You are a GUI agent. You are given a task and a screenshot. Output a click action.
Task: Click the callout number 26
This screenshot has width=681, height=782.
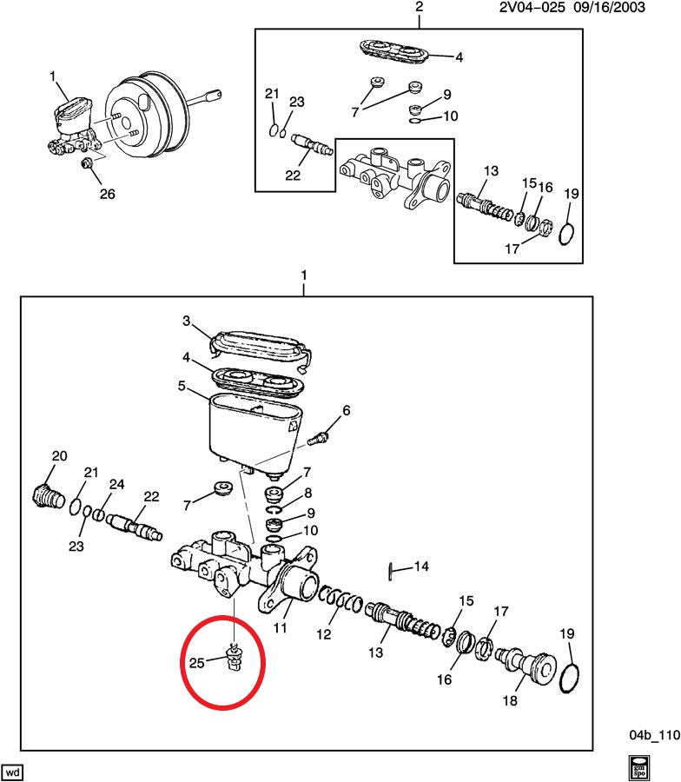(x=107, y=194)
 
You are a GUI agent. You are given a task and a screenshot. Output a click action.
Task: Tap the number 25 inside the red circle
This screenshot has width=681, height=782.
(x=195, y=663)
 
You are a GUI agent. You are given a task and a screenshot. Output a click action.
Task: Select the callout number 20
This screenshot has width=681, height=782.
(x=59, y=456)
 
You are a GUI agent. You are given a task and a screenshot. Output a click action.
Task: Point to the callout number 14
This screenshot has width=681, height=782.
(x=421, y=567)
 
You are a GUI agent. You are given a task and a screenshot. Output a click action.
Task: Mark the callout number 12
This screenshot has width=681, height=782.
(x=324, y=635)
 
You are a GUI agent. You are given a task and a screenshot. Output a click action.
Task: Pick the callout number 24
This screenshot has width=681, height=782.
(x=116, y=484)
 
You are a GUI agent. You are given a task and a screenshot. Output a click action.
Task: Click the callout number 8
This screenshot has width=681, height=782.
(x=307, y=492)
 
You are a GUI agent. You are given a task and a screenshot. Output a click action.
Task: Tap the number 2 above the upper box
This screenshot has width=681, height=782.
(x=419, y=8)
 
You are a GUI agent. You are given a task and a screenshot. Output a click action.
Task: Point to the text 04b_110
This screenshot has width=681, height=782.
(x=653, y=734)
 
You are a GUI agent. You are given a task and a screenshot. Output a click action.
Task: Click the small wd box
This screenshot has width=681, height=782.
(x=13, y=772)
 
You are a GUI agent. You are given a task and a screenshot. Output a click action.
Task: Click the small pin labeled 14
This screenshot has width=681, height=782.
(x=392, y=570)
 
